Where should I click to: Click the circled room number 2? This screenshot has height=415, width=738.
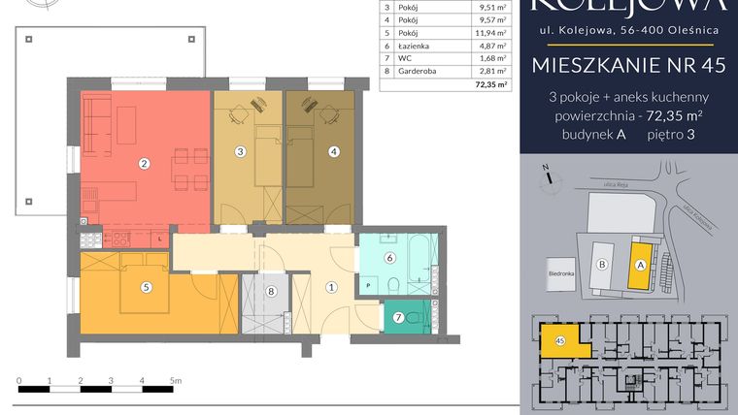(x=143, y=164)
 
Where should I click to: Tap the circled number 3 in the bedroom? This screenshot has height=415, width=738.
(x=240, y=151)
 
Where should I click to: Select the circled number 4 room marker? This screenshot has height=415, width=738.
(x=333, y=151)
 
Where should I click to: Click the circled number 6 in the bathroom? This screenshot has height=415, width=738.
(x=388, y=258)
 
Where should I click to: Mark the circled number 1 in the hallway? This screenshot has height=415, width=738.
(x=330, y=286)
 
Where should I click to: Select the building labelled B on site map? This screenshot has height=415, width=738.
(x=601, y=263)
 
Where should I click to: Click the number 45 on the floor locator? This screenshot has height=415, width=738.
(x=560, y=340)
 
